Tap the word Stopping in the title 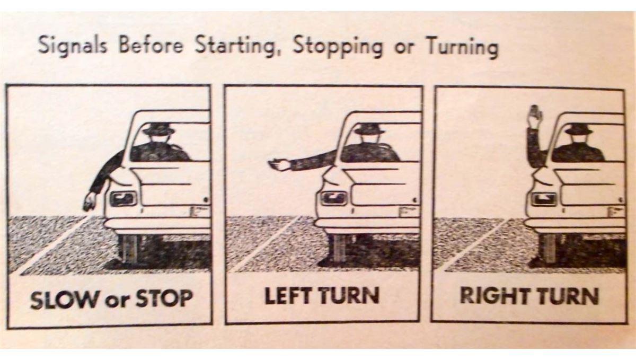pos(338,46)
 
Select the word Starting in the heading pos(235,46)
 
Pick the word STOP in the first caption pos(164,298)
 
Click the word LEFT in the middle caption pos(288,296)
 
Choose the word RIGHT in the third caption pos(494,296)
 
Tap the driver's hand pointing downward pos(90,201)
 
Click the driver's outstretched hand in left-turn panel pos(279,165)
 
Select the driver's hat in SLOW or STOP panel pos(158,129)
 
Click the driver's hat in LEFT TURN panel pos(368,129)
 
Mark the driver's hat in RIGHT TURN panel pos(578,129)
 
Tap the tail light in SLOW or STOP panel pos(123,199)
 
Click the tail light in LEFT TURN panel pos(334,198)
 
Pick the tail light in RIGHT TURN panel pos(543,199)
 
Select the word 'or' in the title pos(404,48)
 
